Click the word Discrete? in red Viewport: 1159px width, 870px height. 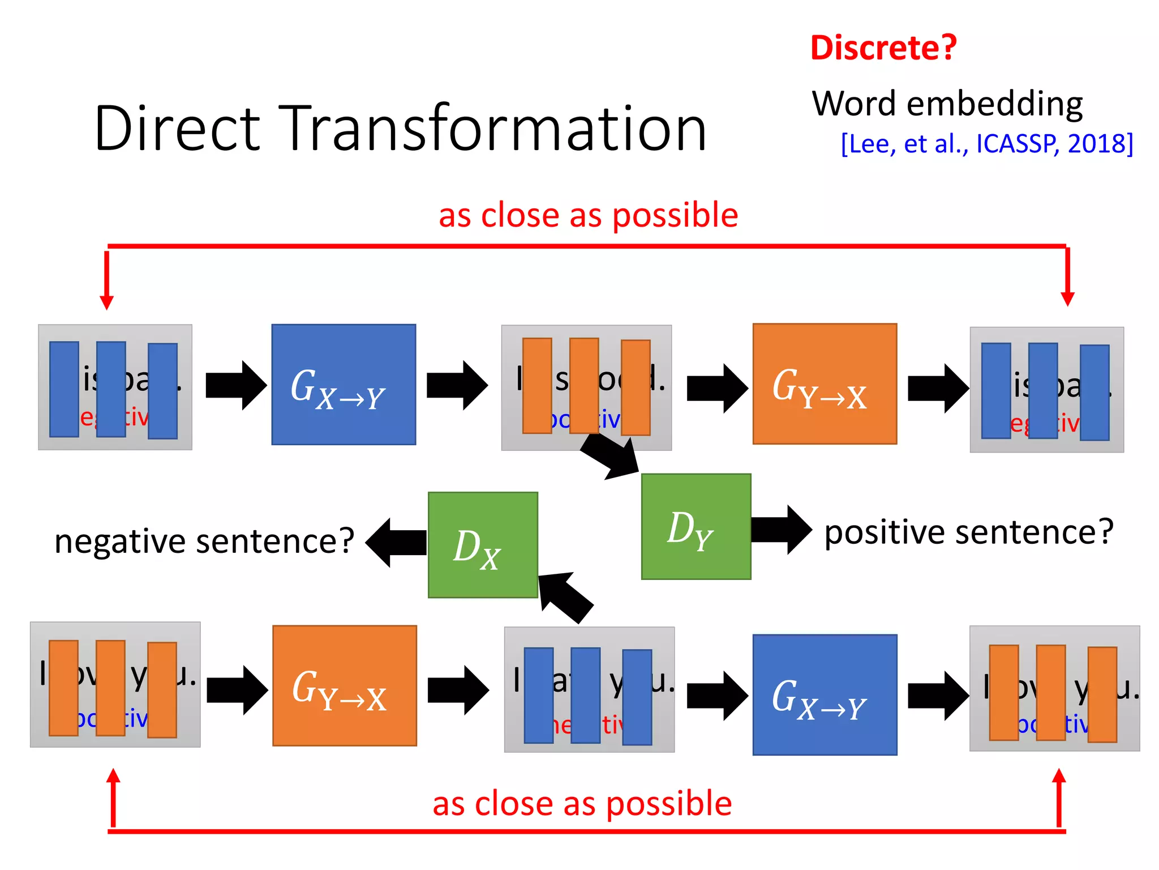(883, 48)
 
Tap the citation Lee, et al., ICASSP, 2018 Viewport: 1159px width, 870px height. (987, 144)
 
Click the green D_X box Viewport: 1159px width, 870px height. (483, 544)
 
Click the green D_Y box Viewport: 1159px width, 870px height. (696, 526)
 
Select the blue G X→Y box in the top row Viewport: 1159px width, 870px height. (344, 385)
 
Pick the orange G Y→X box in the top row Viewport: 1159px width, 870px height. (825, 384)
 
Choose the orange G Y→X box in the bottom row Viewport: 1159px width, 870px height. (344, 685)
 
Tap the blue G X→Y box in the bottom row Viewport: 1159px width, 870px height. (825, 694)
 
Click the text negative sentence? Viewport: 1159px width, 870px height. (204, 541)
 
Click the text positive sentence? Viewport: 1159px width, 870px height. (968, 532)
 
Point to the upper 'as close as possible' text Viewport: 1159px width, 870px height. (588, 215)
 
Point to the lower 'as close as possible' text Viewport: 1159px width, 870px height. (582, 803)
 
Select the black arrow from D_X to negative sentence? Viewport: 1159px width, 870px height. (396, 543)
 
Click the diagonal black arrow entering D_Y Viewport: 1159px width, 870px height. (611, 457)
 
